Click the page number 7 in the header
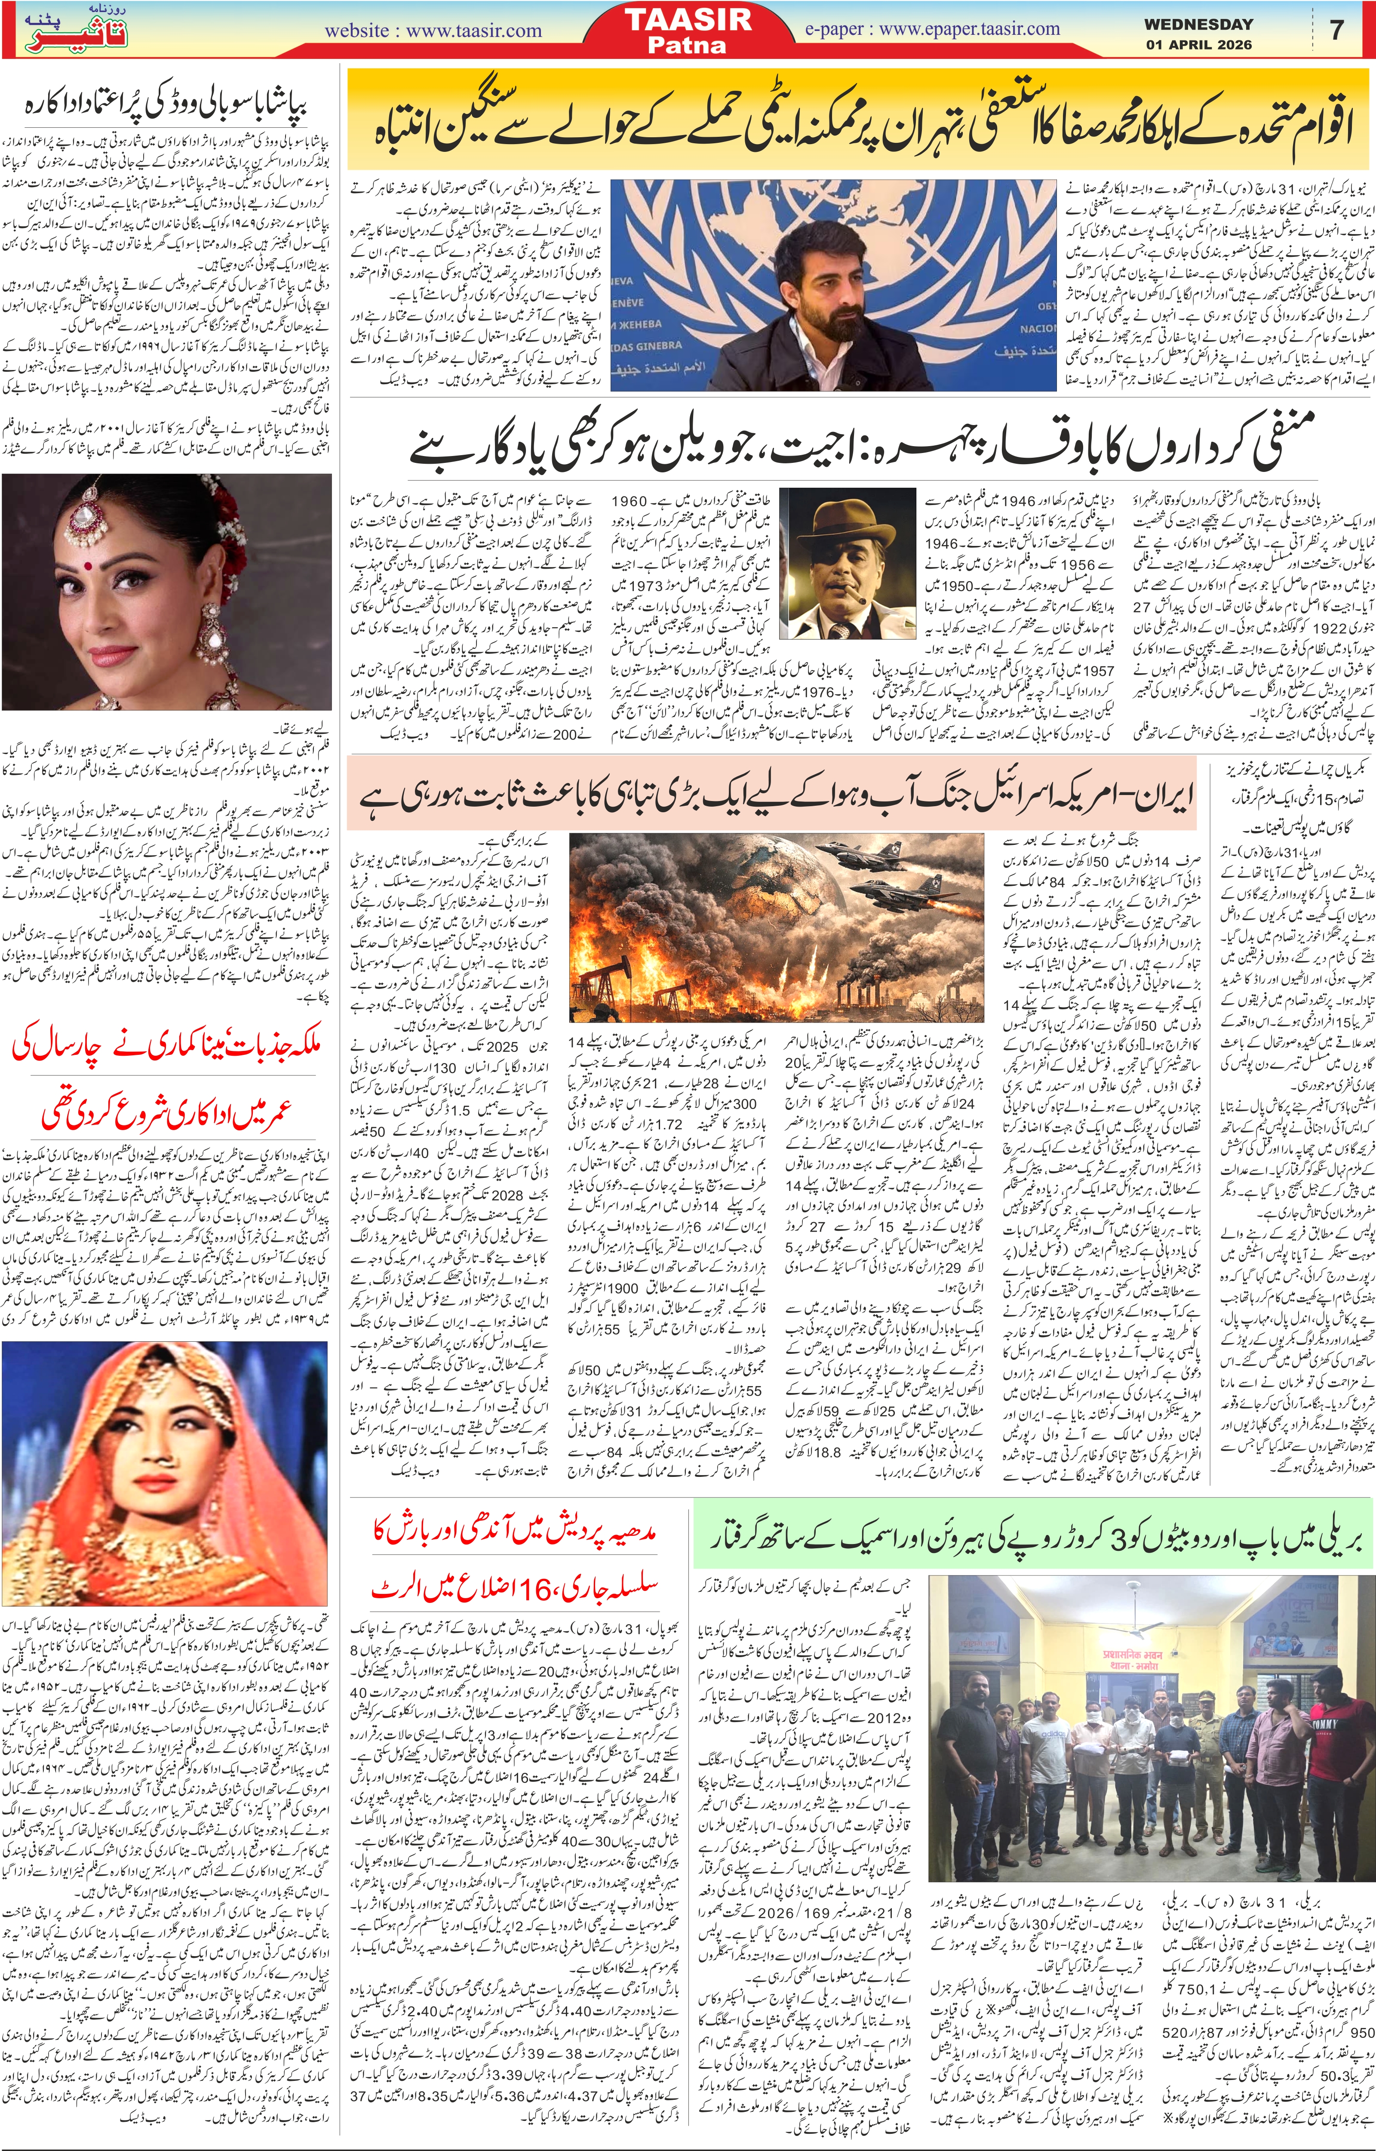pos(1337,30)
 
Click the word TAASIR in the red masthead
pos(688,20)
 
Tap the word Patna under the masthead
pos(688,45)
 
